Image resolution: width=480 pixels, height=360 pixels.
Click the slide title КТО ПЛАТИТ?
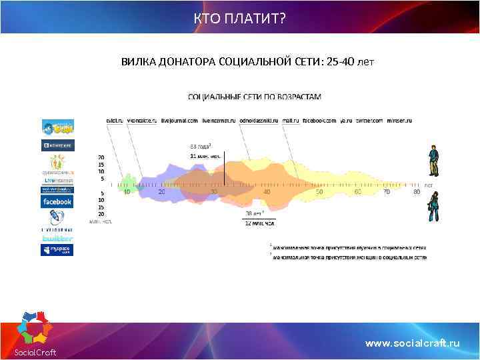pyautogui.click(x=239, y=17)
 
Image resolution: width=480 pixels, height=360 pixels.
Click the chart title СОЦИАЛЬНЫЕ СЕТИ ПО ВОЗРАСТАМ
pyautogui.click(x=255, y=97)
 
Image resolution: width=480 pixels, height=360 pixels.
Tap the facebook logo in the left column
pyautogui.click(x=57, y=201)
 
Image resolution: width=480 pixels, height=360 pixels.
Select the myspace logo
pyautogui.click(x=57, y=250)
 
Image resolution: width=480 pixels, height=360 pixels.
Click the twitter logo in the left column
pyautogui.click(x=57, y=238)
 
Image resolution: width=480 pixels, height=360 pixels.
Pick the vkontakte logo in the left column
pyautogui.click(x=57, y=145)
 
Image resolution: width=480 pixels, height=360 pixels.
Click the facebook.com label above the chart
pyautogui.click(x=319, y=121)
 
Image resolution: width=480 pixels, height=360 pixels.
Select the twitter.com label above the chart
pyautogui.click(x=369, y=121)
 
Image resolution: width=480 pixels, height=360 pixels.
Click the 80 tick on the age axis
pyautogui.click(x=416, y=192)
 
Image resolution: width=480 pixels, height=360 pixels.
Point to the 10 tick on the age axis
pyautogui.click(x=127, y=192)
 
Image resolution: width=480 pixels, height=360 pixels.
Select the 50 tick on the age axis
pyautogui.click(x=319, y=192)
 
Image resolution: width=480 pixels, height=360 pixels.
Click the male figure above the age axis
pyautogui.click(x=433, y=161)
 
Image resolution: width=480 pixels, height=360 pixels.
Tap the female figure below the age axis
pyautogui.click(x=433, y=206)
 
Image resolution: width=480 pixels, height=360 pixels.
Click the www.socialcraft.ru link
pyautogui.click(x=413, y=343)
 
